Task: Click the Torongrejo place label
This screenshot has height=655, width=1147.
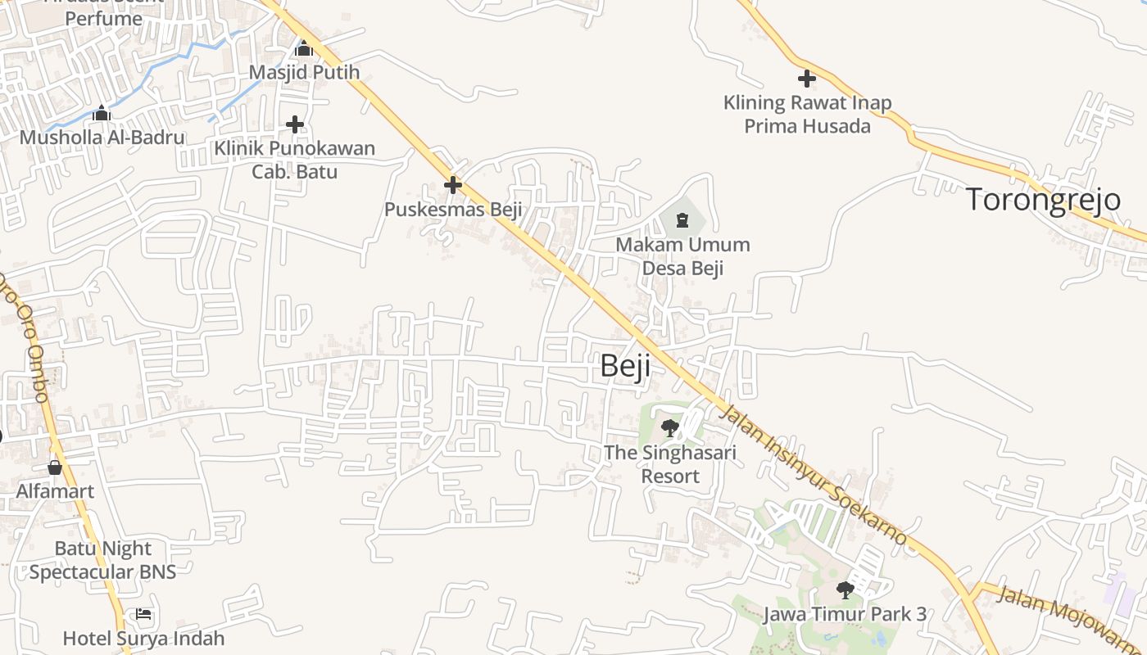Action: point(1043,199)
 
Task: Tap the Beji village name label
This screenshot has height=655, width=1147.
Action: point(625,365)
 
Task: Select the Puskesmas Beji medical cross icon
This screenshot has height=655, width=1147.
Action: point(452,185)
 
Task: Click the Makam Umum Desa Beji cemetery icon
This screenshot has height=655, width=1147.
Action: point(682,219)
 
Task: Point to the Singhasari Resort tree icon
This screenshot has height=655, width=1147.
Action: point(669,427)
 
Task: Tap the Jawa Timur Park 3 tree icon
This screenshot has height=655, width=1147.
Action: point(845,589)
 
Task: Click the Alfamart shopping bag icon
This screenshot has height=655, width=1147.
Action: point(55,468)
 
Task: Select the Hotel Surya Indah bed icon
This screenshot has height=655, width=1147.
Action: point(143,614)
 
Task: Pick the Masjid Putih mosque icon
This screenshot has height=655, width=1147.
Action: point(304,49)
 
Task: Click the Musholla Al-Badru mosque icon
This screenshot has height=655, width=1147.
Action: point(102,113)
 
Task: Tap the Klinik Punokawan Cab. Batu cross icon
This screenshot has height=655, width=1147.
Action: point(295,124)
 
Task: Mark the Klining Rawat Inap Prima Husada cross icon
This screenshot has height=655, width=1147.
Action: point(806,79)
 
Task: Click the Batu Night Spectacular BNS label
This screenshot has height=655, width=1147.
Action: point(103,560)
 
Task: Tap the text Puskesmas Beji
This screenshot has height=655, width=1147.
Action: point(453,210)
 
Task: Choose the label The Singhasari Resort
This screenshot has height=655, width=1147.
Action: point(670,464)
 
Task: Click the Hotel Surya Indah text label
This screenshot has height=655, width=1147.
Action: point(143,638)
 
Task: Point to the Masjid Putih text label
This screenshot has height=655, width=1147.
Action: point(304,72)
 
